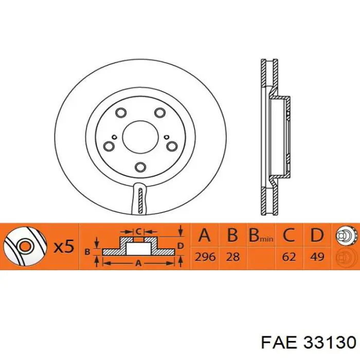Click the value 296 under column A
coord(205,257)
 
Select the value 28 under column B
coord(233,257)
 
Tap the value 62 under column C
coord(289,257)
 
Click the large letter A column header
coord(205,236)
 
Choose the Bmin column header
coord(260,237)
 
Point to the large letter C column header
coord(289,236)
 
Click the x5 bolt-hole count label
coord(64,247)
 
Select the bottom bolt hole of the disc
coord(140,167)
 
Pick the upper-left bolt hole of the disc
coord(121,113)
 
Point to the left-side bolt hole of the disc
coord(110,147)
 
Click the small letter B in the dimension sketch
coord(87,251)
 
